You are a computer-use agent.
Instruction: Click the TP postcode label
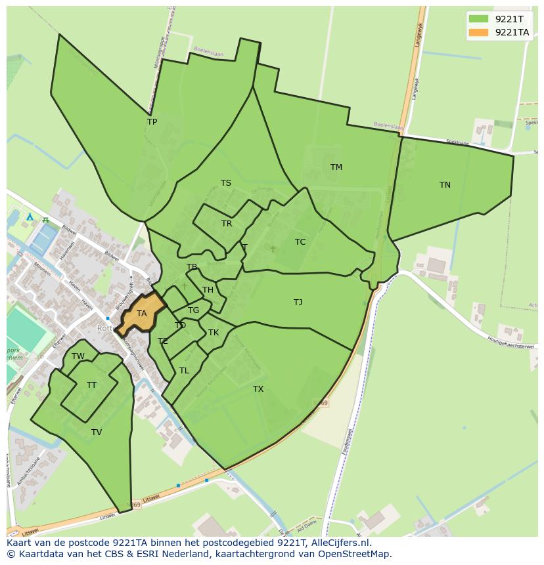click(x=152, y=122)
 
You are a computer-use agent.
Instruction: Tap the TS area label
click(x=226, y=183)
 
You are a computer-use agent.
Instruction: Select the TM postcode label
click(x=336, y=167)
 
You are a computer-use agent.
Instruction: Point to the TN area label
click(x=445, y=185)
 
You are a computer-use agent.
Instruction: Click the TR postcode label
click(x=227, y=224)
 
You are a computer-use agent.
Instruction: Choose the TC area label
click(x=300, y=242)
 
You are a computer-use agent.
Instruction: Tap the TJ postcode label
click(x=298, y=303)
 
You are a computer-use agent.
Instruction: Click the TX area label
click(x=258, y=389)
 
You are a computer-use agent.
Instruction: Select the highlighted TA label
click(x=141, y=314)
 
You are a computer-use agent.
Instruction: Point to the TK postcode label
click(x=214, y=333)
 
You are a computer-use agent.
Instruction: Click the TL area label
click(x=184, y=371)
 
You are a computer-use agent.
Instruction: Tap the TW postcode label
click(x=78, y=356)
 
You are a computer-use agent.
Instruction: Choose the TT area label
click(x=91, y=385)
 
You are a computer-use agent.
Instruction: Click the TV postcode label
click(x=97, y=432)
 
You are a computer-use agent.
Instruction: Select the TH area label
click(x=208, y=290)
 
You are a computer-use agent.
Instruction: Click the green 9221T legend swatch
click(x=478, y=18)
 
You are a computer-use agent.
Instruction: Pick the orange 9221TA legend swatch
click(x=478, y=32)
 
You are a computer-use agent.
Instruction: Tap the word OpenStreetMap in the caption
click(x=355, y=554)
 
